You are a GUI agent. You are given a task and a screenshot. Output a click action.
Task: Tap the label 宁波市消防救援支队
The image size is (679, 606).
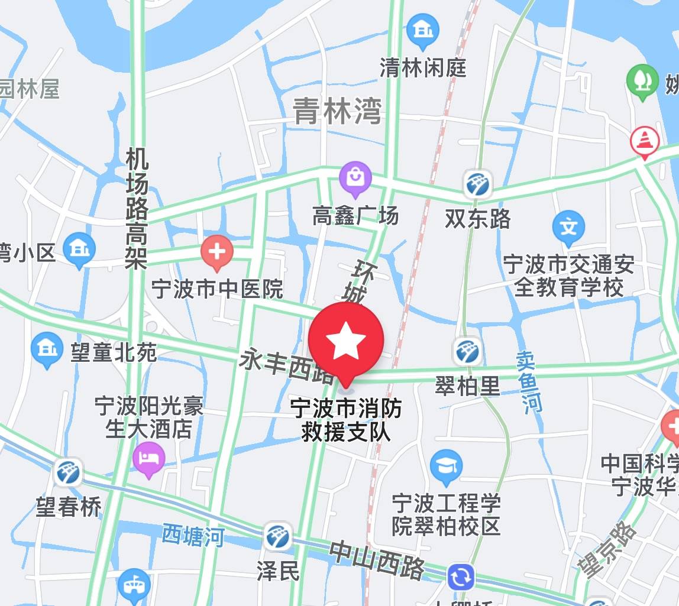(x=346, y=420)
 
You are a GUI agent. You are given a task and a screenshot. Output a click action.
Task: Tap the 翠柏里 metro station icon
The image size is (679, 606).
(x=467, y=352)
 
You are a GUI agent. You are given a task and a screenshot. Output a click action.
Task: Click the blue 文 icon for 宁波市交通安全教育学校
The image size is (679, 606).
(x=568, y=226)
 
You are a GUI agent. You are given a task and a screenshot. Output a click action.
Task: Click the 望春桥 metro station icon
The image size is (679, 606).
(x=69, y=473)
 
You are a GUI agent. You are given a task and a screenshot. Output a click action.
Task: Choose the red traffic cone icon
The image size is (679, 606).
(x=645, y=141)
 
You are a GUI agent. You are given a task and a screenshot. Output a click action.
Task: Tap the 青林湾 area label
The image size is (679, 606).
(x=338, y=111)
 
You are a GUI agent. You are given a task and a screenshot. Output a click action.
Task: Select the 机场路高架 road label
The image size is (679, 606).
(x=137, y=208)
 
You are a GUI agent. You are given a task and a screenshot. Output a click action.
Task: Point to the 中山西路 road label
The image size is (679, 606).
(x=377, y=559)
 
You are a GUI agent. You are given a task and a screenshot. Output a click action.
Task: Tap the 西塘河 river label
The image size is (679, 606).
(x=193, y=536)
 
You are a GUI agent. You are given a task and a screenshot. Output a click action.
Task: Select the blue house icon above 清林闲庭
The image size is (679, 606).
(x=423, y=30)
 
